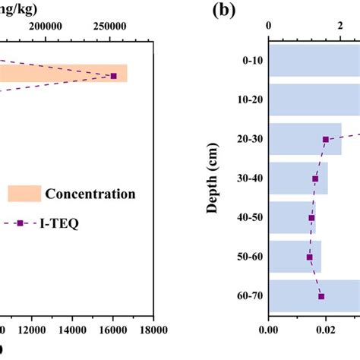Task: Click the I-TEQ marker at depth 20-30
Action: coord(326,139)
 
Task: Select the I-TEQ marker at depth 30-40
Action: coord(315,179)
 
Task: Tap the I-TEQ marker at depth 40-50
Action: coord(311,218)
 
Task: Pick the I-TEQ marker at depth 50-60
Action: coord(310,257)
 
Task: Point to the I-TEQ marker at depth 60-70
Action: coord(321,296)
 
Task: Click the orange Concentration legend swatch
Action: coord(23,194)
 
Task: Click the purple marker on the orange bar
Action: coord(114,76)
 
